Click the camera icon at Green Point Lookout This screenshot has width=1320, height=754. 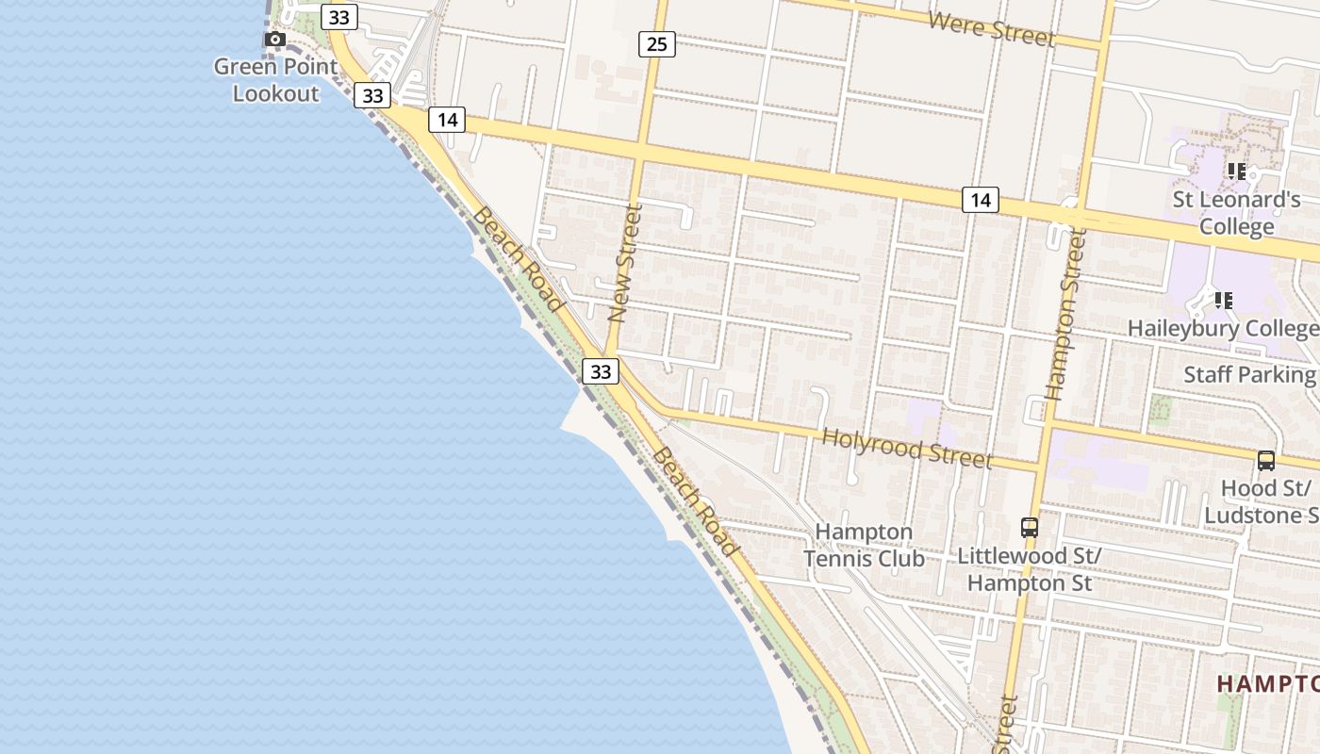coord(274,40)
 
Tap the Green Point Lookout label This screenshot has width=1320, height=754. coord(275,80)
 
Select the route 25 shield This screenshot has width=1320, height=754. coord(657,43)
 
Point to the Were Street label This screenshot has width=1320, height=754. coord(990,28)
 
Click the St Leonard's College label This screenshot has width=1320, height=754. coord(1236,213)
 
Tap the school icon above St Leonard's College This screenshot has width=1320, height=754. coord(1236,172)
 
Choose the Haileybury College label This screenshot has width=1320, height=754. coord(1224,329)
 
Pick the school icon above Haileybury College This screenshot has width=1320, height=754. coord(1224,301)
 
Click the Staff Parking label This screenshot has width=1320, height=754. coord(1249,374)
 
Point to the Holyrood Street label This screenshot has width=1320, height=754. coord(907,447)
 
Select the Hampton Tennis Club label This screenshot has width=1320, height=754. coord(864,545)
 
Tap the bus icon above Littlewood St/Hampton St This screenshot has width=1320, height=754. coord(1030,528)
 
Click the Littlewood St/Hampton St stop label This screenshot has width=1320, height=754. coord(1030,569)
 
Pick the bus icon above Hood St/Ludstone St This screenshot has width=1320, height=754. coord(1266,461)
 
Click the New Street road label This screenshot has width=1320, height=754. coord(625,263)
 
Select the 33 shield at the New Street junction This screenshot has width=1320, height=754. coord(600,371)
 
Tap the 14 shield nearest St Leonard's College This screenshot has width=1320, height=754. coord(981,200)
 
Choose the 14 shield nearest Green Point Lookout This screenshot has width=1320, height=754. coord(447,120)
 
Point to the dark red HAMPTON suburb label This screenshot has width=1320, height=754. coord(1267,683)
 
